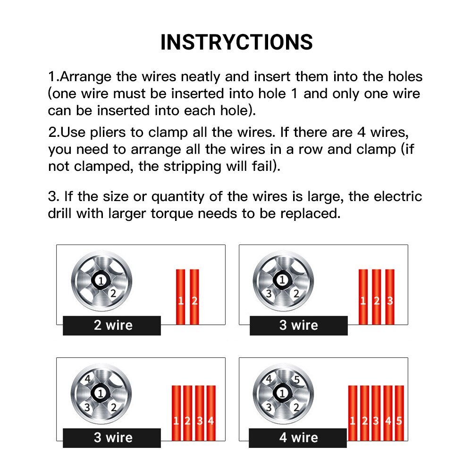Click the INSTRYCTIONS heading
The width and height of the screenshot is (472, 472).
point(236,42)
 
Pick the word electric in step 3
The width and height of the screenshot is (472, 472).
point(396,196)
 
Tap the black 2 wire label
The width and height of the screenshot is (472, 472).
point(112,325)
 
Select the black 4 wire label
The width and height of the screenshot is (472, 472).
point(298,438)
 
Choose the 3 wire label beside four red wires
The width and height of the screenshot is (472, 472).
point(112,438)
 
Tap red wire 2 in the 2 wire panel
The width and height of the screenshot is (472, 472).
point(194,297)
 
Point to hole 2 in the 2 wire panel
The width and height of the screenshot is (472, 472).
point(113,293)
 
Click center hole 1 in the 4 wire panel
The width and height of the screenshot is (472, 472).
point(283,393)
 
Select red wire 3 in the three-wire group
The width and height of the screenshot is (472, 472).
point(390,297)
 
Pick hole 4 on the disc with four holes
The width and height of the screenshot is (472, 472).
point(87,379)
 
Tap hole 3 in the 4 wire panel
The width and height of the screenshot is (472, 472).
point(269,406)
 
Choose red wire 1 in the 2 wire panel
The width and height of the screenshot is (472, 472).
point(181,297)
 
